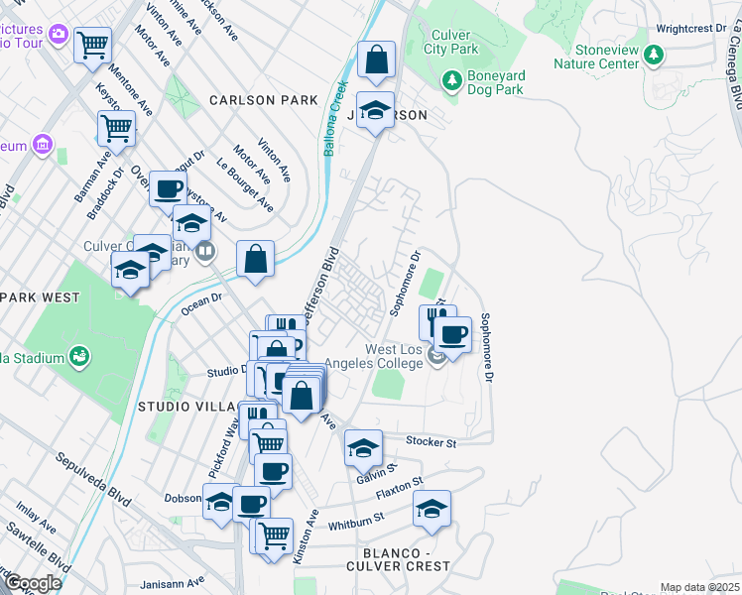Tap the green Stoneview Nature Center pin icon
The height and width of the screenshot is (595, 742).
pyautogui.click(x=653, y=52)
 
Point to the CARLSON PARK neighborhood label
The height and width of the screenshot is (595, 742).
pyautogui.click(x=264, y=100)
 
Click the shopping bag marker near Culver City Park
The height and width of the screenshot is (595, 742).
pyautogui.click(x=376, y=60)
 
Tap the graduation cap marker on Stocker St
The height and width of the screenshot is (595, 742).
pyautogui.click(x=363, y=448)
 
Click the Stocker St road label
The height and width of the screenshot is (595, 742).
pyautogui.click(x=431, y=441)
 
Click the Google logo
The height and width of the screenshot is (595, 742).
pyautogui.click(x=33, y=584)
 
